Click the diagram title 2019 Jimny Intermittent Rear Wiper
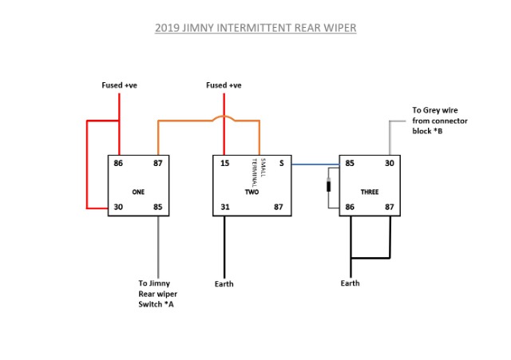pos(255,29)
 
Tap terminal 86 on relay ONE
pos(119,164)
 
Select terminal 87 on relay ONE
pos(157,164)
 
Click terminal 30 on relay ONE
pos(119,208)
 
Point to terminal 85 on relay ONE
pos(157,208)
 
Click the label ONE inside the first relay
pos(138,192)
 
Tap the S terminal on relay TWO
pos(281,164)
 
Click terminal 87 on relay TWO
pos(279,208)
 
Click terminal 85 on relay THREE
pos(350,164)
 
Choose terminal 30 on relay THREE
pos(390,164)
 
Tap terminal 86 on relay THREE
pos(350,208)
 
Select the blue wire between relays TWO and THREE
pos(315,164)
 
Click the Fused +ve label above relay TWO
pos(224,85)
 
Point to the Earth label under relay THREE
pos(350,283)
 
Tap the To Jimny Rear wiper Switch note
pos(156,294)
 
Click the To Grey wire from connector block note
pos(439,121)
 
